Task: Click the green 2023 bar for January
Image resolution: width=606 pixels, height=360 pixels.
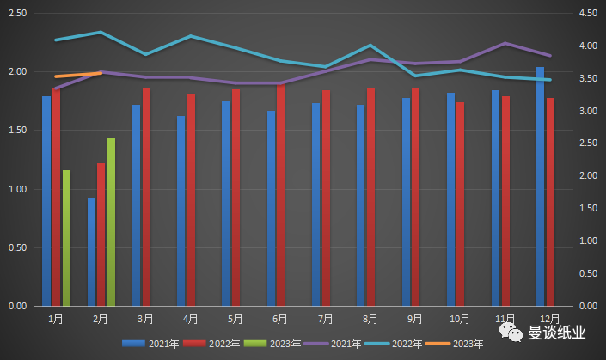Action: [66, 238]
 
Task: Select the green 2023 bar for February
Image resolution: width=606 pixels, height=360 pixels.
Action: [111, 222]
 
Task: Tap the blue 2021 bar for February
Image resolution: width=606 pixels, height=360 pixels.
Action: [91, 252]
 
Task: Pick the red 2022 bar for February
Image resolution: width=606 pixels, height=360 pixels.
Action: [101, 235]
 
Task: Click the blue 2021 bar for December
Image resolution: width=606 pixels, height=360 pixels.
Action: [540, 186]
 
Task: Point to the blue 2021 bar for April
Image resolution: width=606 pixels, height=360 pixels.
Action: [181, 211]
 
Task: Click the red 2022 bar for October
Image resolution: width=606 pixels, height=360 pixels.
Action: [461, 204]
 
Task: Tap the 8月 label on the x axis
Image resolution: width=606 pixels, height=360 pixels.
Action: [370, 319]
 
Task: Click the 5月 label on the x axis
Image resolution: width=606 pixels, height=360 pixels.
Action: [235, 319]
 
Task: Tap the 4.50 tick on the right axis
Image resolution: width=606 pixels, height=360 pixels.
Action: [588, 14]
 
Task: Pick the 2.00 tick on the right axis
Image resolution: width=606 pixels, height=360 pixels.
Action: [588, 176]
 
